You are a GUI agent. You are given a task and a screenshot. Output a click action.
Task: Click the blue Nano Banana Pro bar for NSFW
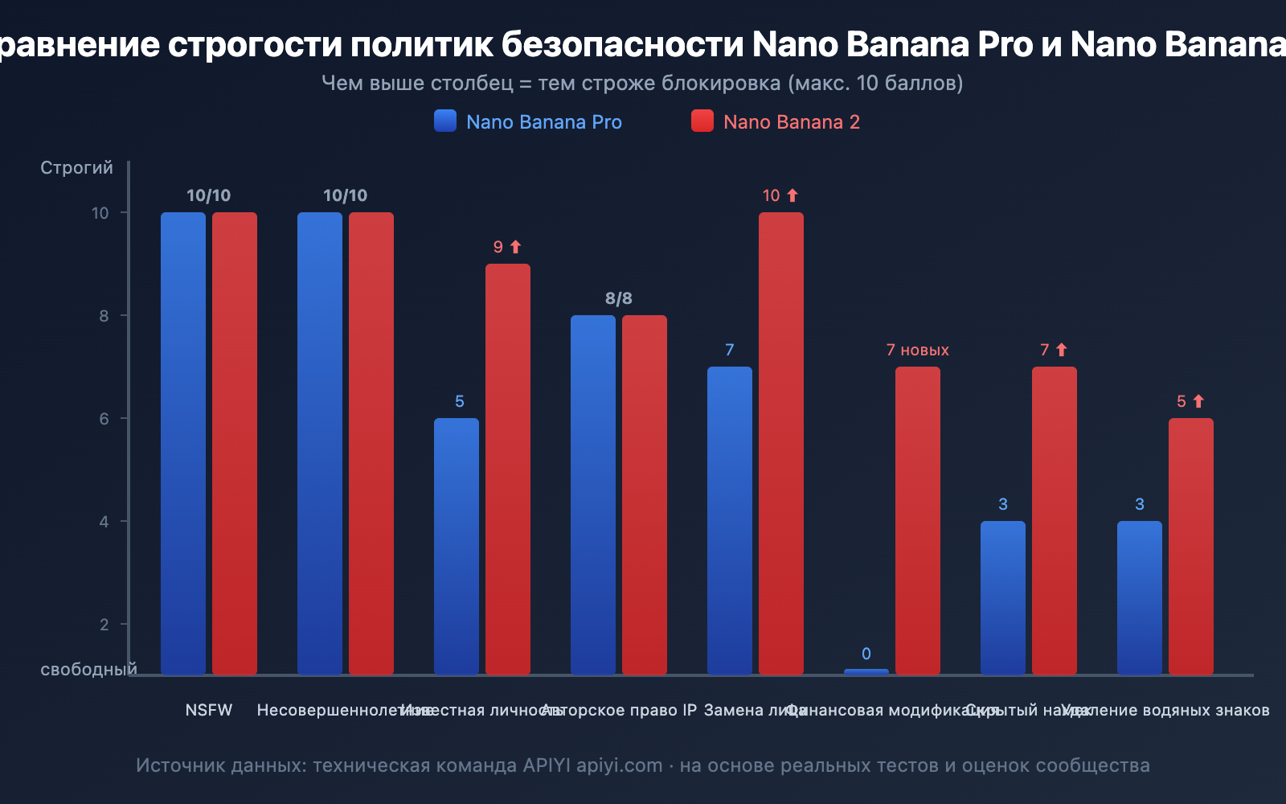183,442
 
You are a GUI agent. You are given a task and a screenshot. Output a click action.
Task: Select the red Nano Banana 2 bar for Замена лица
780,442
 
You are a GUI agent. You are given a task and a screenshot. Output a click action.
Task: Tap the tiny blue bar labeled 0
866,671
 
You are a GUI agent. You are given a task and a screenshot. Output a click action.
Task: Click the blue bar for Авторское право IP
593,494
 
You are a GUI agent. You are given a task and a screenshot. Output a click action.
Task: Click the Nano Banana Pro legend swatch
445,121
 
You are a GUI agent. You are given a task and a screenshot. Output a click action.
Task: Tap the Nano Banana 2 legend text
791,122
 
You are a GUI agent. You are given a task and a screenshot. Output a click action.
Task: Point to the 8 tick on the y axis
104,316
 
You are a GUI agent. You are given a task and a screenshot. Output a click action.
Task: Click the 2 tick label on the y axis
104,625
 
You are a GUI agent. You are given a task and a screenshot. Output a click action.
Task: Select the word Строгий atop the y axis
76,167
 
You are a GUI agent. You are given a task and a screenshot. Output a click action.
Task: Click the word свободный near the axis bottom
88,670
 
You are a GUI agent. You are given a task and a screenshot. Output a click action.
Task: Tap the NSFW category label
209,710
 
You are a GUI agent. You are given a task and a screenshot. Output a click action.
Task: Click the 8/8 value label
619,298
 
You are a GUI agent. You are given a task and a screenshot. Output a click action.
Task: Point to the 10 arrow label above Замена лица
780,195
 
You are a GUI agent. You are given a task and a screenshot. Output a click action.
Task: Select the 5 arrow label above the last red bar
1190,401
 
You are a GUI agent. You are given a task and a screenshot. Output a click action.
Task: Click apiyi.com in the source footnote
619,765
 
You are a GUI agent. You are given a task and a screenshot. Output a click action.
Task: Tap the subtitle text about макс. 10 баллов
642,83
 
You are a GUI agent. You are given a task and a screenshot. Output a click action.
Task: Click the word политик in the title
421,44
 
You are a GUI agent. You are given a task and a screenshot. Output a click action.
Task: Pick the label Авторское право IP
619,710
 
